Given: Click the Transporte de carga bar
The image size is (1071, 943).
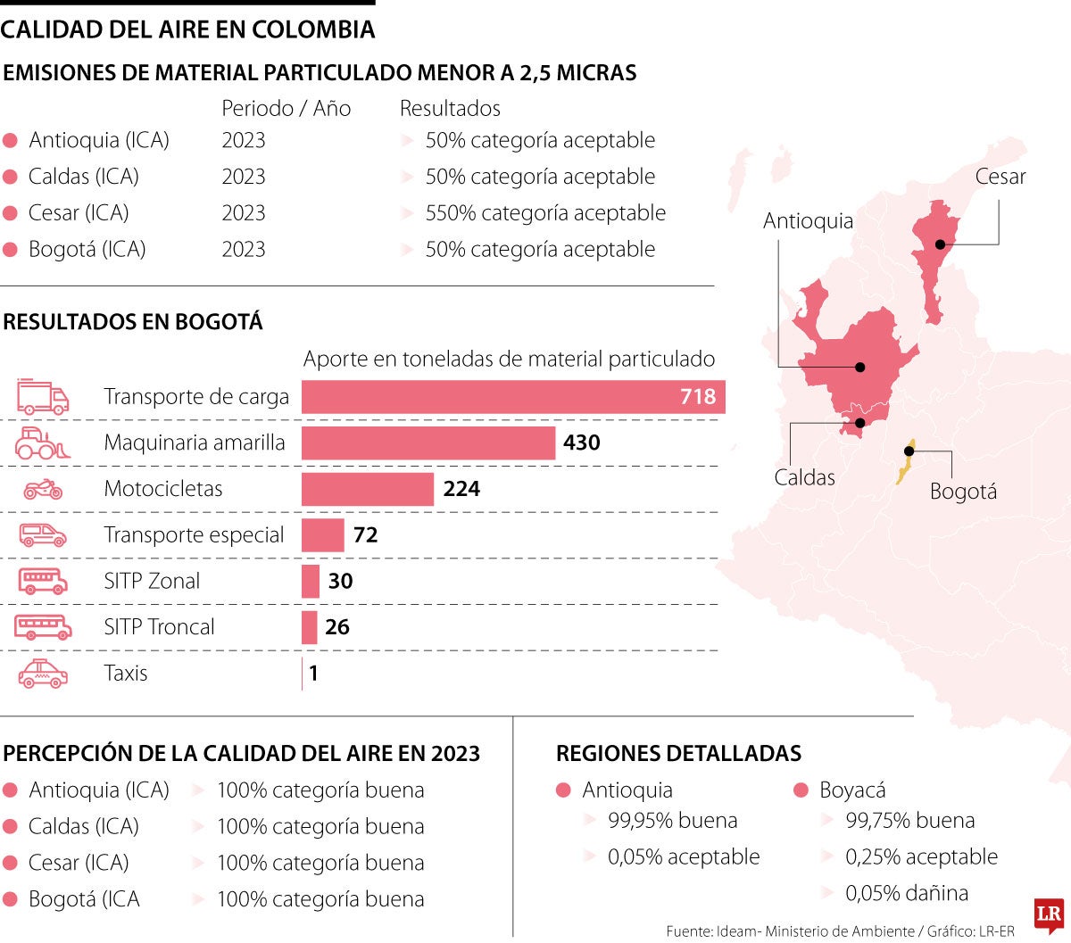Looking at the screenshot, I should (x=513, y=397).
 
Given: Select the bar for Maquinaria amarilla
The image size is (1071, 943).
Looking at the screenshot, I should (x=428, y=443).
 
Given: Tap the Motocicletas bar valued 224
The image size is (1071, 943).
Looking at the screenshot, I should (x=368, y=489).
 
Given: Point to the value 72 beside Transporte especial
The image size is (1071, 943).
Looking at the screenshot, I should (x=366, y=535).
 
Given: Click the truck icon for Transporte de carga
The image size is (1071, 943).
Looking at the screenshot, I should (x=43, y=398).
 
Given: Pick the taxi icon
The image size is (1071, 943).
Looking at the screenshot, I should (x=43, y=674).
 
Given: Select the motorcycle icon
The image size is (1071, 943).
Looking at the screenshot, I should (x=43, y=489).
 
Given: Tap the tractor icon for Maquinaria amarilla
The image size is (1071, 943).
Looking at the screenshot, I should (x=43, y=443).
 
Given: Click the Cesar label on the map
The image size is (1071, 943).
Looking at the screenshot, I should (x=1000, y=177).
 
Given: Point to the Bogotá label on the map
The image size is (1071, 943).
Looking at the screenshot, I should (x=963, y=492).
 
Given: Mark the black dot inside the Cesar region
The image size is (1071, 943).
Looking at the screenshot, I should (x=940, y=244).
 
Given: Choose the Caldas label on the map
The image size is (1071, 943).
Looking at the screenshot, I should (x=804, y=477).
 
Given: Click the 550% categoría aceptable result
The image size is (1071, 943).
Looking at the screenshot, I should (x=545, y=213).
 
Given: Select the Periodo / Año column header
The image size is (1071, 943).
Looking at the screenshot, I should (x=286, y=109).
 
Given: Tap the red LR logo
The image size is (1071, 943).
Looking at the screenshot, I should (x=1050, y=915).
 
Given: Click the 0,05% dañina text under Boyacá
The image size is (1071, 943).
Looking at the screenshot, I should (x=907, y=893).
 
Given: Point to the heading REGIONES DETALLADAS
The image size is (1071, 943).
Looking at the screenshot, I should (x=678, y=754).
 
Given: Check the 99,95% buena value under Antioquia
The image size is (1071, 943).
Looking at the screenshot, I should (x=672, y=821).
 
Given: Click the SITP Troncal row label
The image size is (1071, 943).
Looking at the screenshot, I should (x=159, y=627).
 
